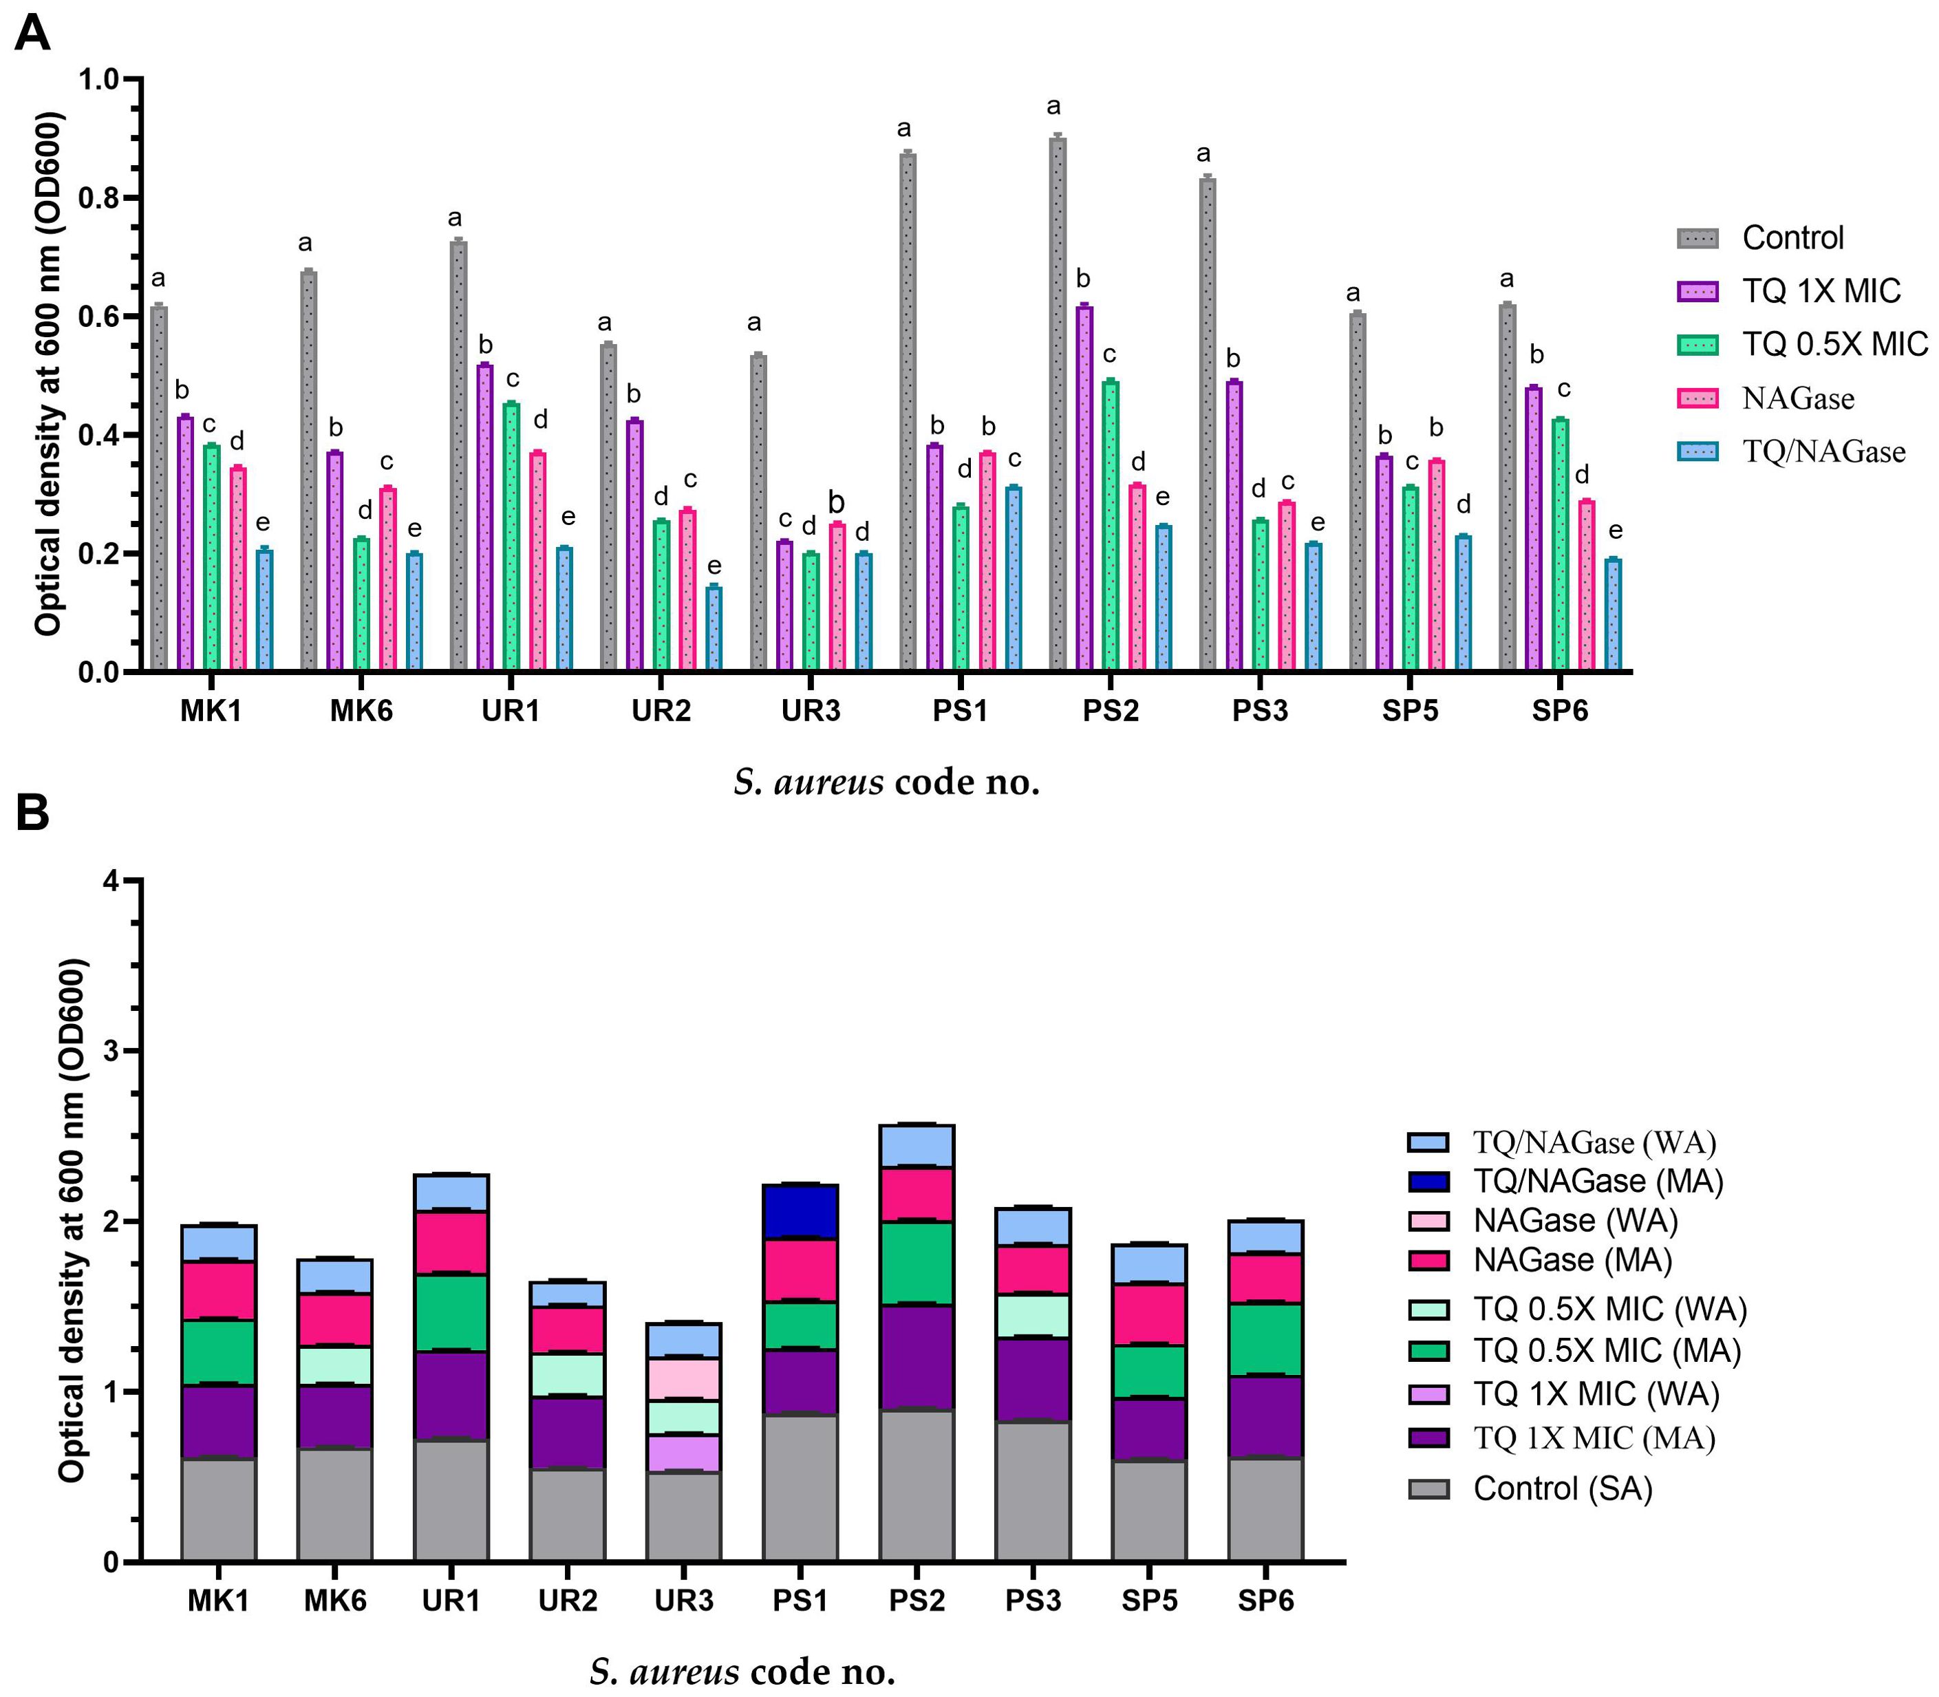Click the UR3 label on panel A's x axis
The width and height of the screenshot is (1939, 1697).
pos(811,710)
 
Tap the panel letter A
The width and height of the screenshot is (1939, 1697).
pos(33,35)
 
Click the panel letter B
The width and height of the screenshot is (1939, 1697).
pos(33,813)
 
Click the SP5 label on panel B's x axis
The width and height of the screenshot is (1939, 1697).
pos(1149,1601)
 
